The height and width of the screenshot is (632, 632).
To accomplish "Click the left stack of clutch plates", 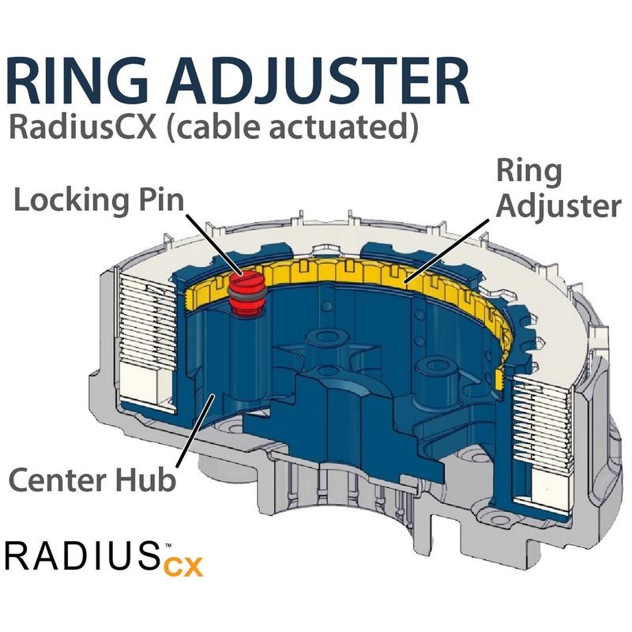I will (146, 332).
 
